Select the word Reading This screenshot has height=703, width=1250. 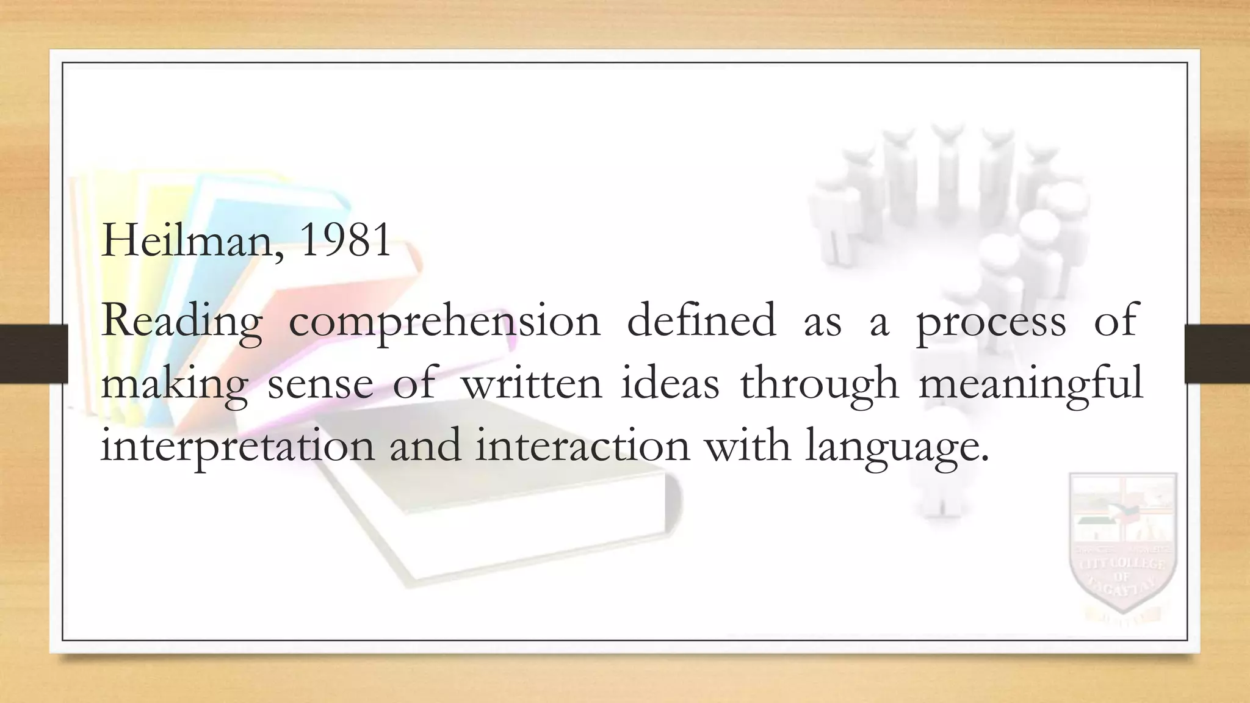point(181,322)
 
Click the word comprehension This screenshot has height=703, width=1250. point(444,322)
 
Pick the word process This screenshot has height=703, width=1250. point(991,322)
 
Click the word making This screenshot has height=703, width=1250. point(174,385)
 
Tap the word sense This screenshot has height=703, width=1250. point(320,385)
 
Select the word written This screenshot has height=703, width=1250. point(531,384)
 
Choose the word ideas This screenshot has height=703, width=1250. point(670,384)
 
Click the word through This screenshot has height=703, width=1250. point(819,385)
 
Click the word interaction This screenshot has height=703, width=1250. point(582,446)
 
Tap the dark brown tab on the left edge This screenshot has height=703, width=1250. point(34,354)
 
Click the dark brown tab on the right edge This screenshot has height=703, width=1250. point(1216,354)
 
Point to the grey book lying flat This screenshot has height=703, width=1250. point(488,488)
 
